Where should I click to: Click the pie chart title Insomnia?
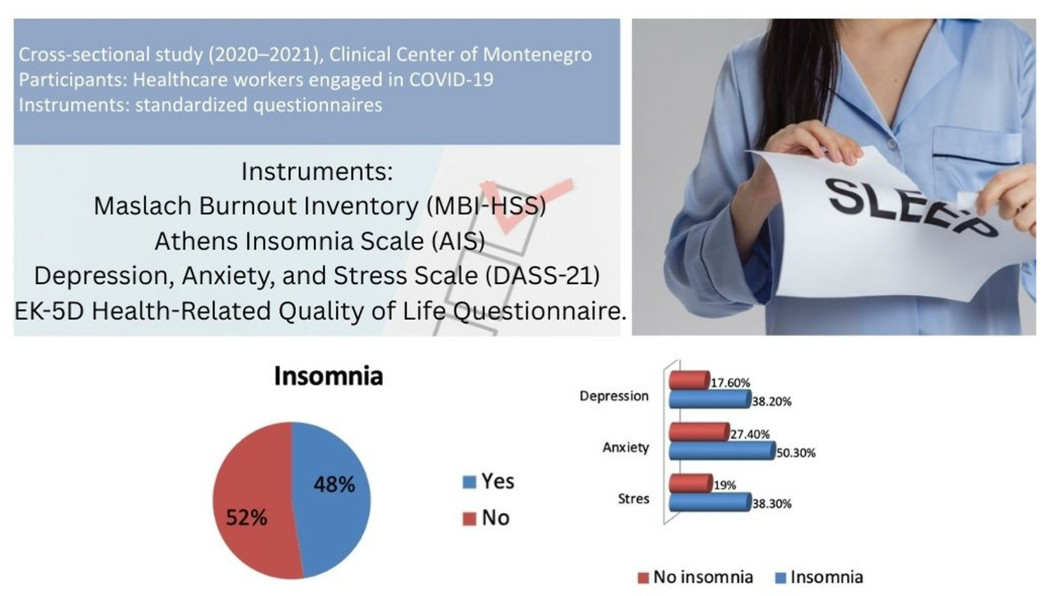pos(329,376)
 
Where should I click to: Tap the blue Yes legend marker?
pos(470,482)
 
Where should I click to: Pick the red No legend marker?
pos(470,519)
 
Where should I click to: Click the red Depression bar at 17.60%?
pos(689,380)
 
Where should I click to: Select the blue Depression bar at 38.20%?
pos(710,399)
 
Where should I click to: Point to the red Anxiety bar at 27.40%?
pos(700,431)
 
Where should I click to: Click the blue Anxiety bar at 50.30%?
pos(722,450)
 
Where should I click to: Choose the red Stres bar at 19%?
pos(691,483)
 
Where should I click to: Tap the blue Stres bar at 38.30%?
pos(710,502)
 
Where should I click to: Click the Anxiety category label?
pos(626,447)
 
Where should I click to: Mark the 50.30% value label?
pos(796,453)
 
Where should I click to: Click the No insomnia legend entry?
pos(695,577)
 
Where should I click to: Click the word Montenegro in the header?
pos(538,55)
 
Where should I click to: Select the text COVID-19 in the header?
pos(450,80)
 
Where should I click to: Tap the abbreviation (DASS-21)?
pos(543,276)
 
